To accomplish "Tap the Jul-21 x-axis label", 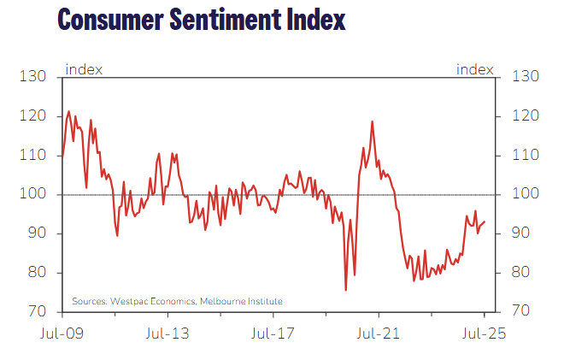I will pyautogui.click(x=376, y=333).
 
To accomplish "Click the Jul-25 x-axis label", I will pyautogui.click(x=483, y=333).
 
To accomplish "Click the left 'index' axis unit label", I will pyautogui.click(x=84, y=69).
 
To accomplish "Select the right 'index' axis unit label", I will pyautogui.click(x=476, y=69).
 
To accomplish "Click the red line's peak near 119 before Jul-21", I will pyautogui.click(x=373, y=121).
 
